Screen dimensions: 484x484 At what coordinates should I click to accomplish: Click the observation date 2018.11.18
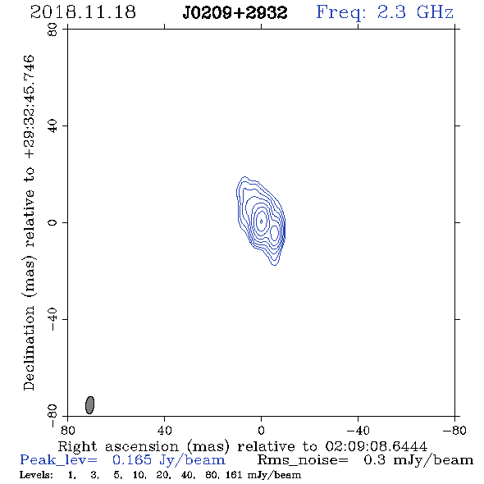coord(83,12)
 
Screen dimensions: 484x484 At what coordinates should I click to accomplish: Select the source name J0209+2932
coord(235,13)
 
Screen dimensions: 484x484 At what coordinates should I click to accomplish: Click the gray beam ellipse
coord(89,405)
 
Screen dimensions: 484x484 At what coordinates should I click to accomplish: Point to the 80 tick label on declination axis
coord(53,30)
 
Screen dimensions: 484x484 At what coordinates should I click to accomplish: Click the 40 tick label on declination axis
coord(53,126)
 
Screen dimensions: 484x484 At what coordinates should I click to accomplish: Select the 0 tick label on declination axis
coord(53,222)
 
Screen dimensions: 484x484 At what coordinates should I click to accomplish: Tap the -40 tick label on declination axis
coord(53,319)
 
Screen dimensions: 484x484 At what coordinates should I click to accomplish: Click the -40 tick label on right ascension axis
coord(358,430)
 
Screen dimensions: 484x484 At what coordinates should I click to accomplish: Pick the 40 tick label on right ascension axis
coord(164,430)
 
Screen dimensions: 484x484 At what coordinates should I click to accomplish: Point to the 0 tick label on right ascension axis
coord(261,430)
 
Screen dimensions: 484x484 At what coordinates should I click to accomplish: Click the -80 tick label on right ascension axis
coord(454,430)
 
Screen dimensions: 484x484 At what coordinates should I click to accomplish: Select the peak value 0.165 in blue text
coord(132,460)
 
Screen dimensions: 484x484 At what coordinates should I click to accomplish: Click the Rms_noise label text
coord(303,460)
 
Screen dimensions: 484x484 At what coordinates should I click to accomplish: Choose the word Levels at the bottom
coord(36,474)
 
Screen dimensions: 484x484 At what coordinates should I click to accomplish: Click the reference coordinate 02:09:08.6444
coord(376,446)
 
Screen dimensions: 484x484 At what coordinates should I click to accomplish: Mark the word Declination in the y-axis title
coord(29,348)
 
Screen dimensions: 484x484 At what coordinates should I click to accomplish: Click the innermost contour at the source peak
coord(262,221)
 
